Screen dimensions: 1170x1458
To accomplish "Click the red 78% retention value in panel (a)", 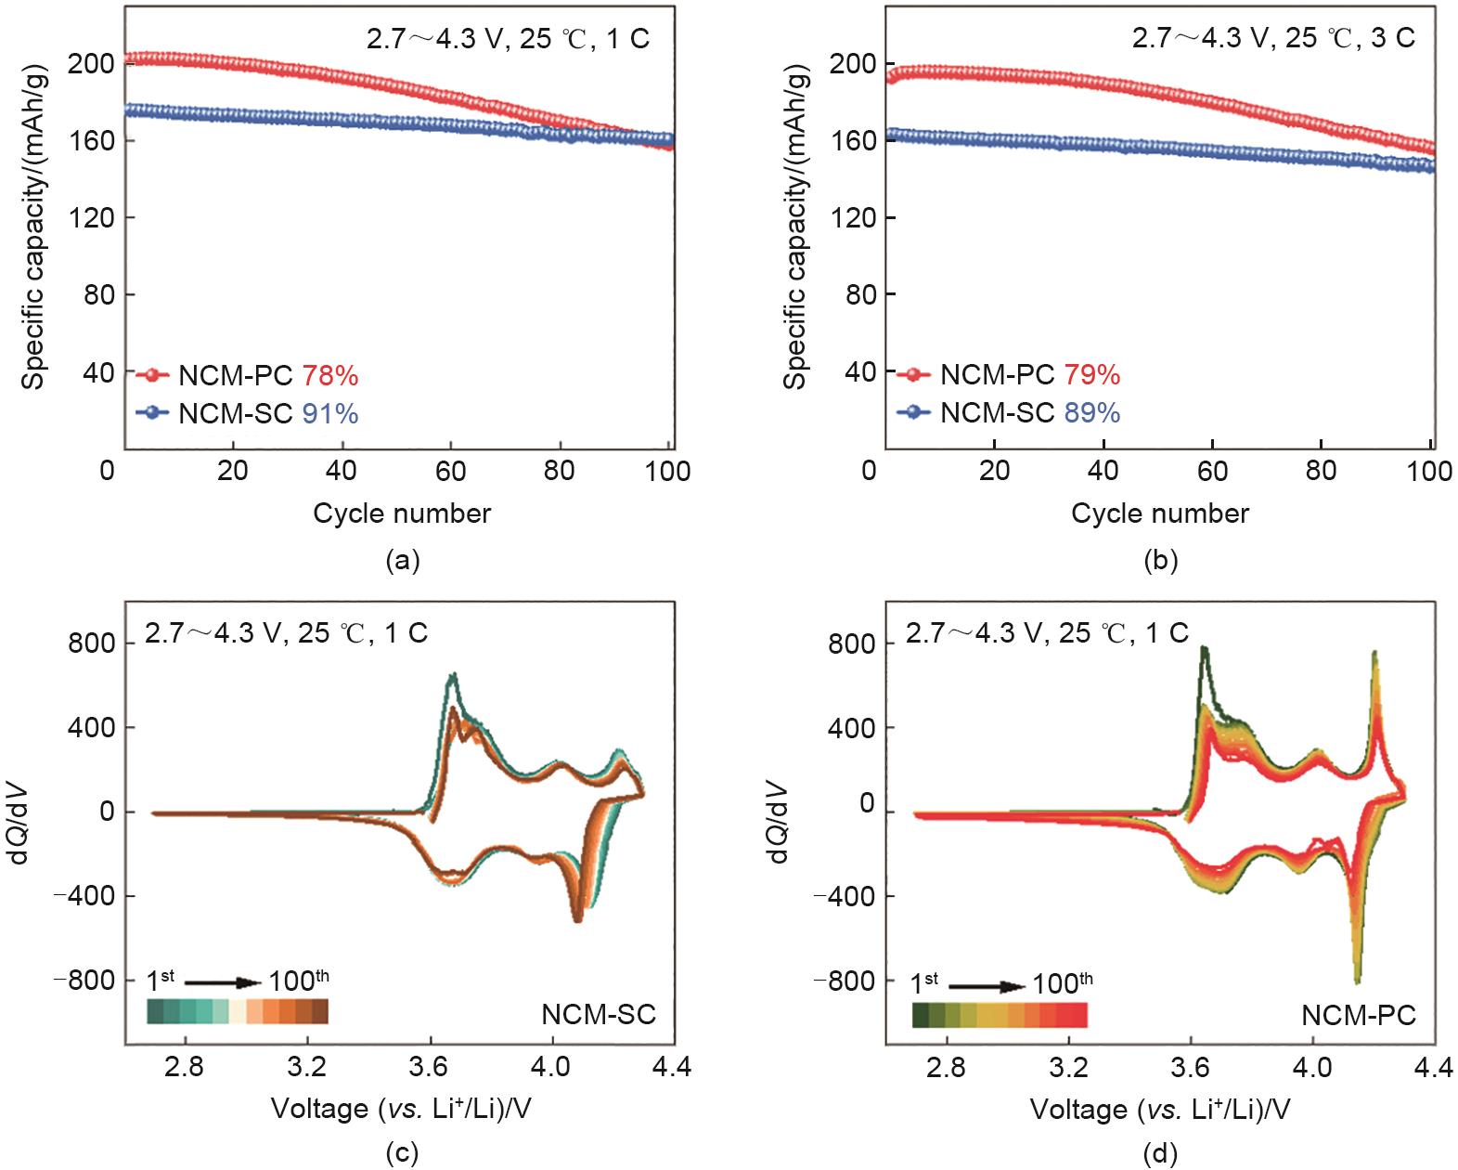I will (x=330, y=376).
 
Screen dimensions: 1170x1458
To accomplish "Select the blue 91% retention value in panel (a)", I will (x=330, y=414).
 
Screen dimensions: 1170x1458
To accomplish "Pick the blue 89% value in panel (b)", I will (x=1092, y=413).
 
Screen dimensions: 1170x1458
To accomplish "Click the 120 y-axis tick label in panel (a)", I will (x=90, y=218).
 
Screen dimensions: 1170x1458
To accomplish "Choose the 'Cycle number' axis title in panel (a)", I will (x=402, y=513).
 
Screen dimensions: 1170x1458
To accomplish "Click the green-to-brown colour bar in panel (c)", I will (x=239, y=1011).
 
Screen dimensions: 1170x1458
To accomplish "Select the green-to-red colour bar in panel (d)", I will (x=1000, y=1015).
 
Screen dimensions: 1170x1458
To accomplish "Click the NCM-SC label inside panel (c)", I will (x=599, y=1014).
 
